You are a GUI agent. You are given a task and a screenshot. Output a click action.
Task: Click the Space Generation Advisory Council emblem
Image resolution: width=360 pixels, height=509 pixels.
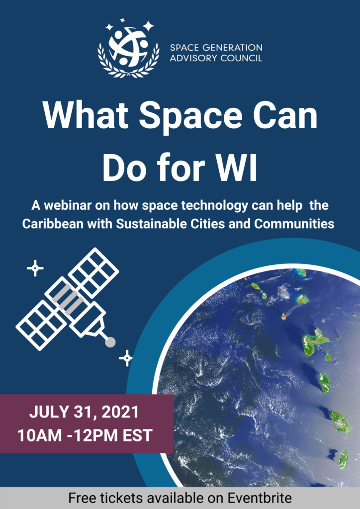click(x=129, y=48)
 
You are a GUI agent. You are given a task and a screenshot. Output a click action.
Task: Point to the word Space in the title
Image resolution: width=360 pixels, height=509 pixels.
click(x=188, y=117)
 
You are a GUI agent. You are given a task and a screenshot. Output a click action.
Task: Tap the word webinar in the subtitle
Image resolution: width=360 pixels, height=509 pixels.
click(x=64, y=205)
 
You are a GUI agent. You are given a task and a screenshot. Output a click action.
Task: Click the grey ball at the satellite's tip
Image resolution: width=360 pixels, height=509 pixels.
click(x=110, y=342)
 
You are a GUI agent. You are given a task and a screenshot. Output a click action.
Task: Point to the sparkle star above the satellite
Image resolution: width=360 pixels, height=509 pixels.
click(x=35, y=268)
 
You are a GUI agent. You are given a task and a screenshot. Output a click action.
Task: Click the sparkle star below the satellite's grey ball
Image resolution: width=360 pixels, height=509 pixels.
click(x=126, y=358)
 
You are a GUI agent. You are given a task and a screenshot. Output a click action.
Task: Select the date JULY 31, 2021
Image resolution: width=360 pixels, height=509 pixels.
click(x=84, y=412)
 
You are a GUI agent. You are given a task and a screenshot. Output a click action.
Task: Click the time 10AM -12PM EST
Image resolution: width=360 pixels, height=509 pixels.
click(x=85, y=435)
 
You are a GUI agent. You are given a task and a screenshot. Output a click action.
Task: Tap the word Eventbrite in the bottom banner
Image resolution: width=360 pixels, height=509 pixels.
click(x=262, y=498)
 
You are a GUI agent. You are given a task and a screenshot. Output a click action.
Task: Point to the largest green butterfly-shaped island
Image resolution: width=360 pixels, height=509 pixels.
click(x=315, y=343)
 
